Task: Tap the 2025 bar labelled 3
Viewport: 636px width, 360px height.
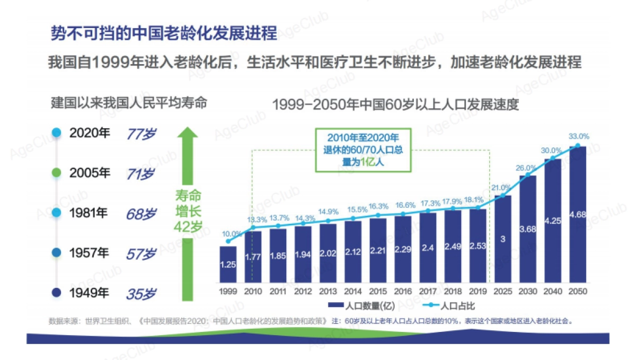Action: (502, 239)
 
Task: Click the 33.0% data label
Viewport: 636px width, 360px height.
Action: (579, 136)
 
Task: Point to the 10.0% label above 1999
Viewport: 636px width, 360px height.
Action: (232, 233)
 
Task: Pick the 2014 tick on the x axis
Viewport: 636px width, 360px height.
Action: (353, 291)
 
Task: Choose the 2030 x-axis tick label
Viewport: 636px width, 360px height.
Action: (527, 291)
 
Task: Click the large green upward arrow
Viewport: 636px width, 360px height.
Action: (188, 212)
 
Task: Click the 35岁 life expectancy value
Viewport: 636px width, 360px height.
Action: (140, 293)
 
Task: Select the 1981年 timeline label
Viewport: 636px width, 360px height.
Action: (88, 213)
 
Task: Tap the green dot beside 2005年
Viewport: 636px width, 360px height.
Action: (57, 173)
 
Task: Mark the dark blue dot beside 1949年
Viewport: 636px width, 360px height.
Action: (57, 292)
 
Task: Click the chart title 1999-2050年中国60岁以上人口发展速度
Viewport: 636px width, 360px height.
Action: (395, 104)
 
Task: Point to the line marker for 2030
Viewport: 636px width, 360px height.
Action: (528, 174)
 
